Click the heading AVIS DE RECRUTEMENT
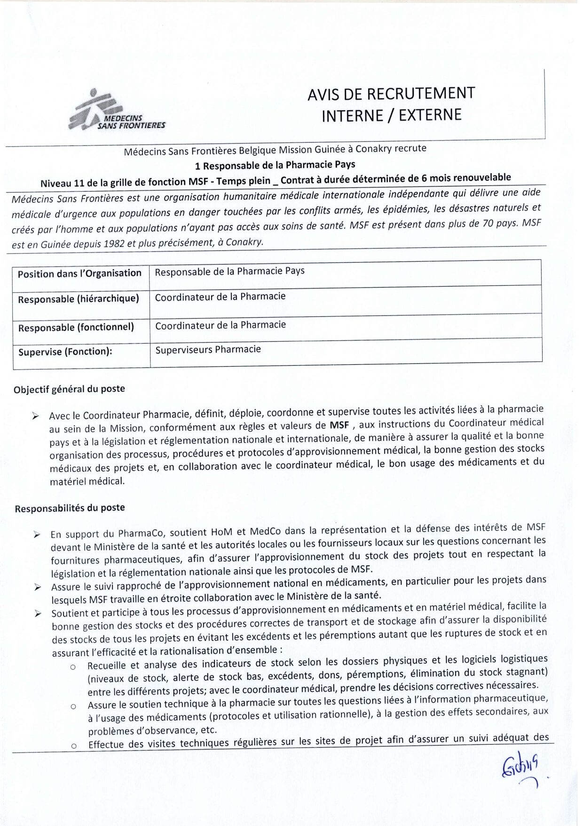(x=391, y=94)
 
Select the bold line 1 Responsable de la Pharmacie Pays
(x=275, y=165)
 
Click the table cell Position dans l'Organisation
(x=79, y=273)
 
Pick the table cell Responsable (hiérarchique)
(x=79, y=299)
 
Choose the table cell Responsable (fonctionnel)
(x=76, y=327)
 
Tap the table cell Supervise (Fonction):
(x=65, y=352)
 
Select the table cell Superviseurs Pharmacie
(x=208, y=349)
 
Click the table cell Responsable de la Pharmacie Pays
(x=229, y=271)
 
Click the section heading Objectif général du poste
(x=69, y=389)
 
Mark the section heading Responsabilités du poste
(x=70, y=508)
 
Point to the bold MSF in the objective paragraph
(x=339, y=425)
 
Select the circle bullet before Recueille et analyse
(x=73, y=667)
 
